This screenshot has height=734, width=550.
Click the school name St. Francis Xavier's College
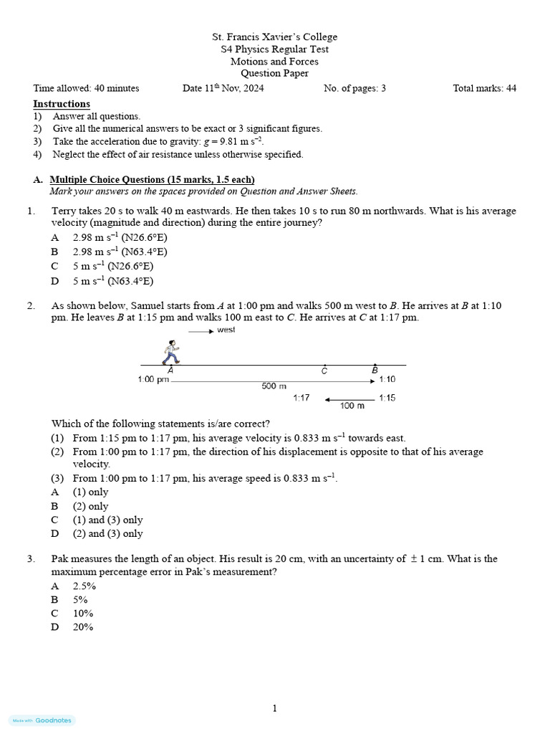click(x=274, y=37)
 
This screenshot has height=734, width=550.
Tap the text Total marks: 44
click(x=484, y=88)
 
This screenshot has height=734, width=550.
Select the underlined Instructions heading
click(x=62, y=104)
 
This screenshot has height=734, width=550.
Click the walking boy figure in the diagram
click(x=170, y=352)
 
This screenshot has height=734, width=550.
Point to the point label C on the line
click(x=324, y=371)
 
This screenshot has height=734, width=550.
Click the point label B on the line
click(x=375, y=370)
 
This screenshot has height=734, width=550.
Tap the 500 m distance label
click(x=274, y=386)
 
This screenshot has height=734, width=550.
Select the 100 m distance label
click(x=352, y=406)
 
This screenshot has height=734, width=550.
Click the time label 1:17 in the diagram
click(x=301, y=398)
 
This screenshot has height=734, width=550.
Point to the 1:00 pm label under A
click(x=153, y=380)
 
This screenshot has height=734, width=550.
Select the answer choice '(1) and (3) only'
click(x=107, y=520)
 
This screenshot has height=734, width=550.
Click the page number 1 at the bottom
click(x=274, y=708)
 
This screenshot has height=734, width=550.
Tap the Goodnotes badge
click(x=42, y=720)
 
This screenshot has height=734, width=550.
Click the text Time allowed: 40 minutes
click(x=86, y=88)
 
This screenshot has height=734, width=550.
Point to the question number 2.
click(x=31, y=305)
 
